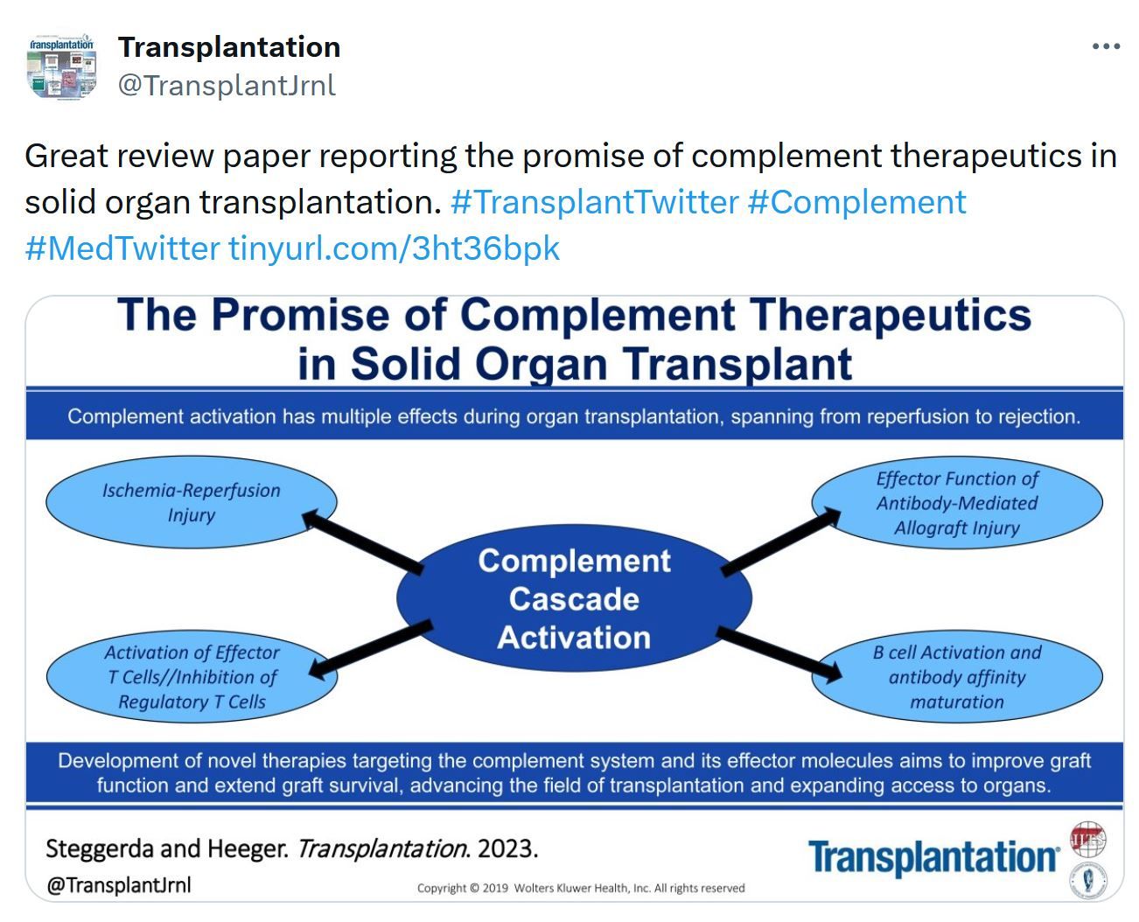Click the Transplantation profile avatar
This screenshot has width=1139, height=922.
pos(61,66)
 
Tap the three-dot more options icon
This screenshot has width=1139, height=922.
pos(1106,46)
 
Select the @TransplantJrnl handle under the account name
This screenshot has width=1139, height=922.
pos(227,86)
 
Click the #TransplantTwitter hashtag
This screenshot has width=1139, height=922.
pos(594,203)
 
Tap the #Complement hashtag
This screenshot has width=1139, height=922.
pos(856,203)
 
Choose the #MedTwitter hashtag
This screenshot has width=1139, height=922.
pos(122,248)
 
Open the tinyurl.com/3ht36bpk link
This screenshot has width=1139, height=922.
pos(395,248)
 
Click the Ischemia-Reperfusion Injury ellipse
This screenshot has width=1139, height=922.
pos(191,501)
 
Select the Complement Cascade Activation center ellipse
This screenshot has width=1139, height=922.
pos(574,598)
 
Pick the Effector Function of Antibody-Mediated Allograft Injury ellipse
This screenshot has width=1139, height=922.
pos(957,503)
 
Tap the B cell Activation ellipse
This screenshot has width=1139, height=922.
pos(957,676)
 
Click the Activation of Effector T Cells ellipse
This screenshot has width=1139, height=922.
pos(192,676)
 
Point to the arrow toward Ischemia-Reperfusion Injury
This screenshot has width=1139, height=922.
pos(362,541)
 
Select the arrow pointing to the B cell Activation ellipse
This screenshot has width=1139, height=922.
pos(779,655)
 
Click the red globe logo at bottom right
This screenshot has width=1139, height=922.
pos(1087,839)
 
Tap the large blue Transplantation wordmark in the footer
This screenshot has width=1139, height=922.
pos(933,857)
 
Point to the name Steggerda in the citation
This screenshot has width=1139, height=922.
pos(100,849)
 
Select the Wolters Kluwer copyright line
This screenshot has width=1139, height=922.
pos(581,888)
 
